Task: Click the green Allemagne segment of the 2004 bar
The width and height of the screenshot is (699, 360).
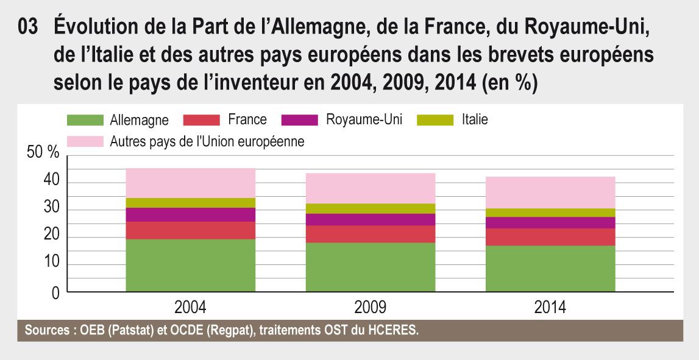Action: [x=190, y=266]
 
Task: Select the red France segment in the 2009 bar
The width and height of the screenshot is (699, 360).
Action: [x=371, y=234]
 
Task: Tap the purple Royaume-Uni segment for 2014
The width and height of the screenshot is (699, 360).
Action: [x=550, y=222]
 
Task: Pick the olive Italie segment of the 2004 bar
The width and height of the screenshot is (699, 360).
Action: [x=190, y=202]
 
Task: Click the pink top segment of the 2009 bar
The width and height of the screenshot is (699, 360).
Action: [x=371, y=188]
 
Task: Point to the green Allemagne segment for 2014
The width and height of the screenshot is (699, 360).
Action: [x=550, y=269]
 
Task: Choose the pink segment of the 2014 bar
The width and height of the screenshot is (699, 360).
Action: [x=550, y=192]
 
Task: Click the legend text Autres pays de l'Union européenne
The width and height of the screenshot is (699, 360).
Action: [x=207, y=141]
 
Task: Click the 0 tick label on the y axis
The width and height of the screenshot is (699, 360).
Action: [x=55, y=292]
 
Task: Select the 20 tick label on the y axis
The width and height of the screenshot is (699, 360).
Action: [x=51, y=237]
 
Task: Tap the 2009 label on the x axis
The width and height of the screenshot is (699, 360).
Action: [x=371, y=306]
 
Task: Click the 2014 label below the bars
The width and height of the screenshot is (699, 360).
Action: [x=550, y=306]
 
